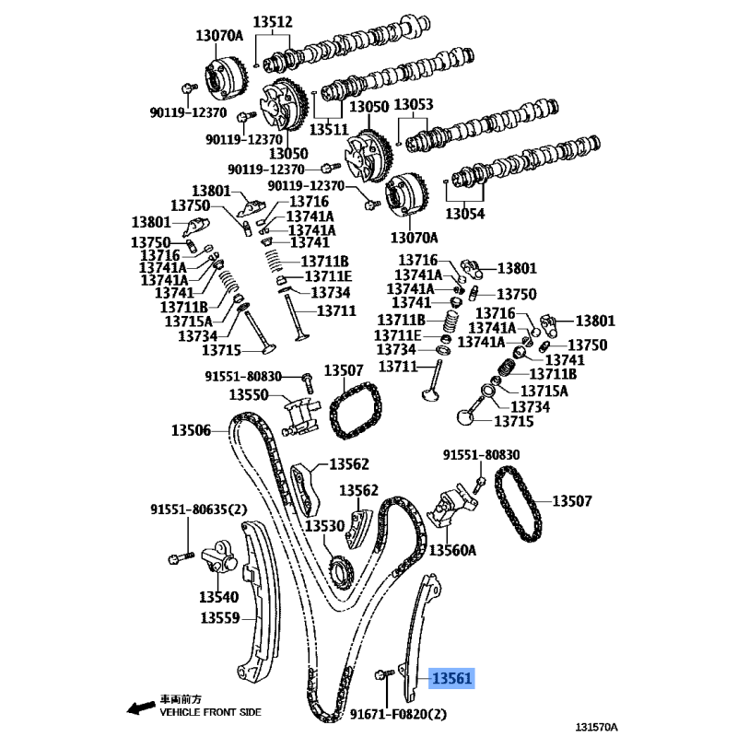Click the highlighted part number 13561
tap(451, 678)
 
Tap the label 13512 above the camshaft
tap(273, 21)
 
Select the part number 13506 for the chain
tap(191, 430)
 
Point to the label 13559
tap(220, 617)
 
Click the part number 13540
tap(218, 597)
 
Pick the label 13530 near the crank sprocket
tap(325, 525)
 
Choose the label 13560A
tap(452, 549)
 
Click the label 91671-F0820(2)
tap(398, 714)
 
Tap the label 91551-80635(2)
tap(199, 509)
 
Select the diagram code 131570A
tap(596, 727)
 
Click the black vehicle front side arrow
tap(141, 708)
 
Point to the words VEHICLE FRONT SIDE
tap(210, 712)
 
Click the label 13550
tap(249, 394)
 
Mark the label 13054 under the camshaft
tap(465, 214)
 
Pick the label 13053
tap(413, 104)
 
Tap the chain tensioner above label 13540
tap(219, 557)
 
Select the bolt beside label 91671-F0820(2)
tap(384, 675)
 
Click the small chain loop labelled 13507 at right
tap(519, 503)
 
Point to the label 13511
tap(329, 129)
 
